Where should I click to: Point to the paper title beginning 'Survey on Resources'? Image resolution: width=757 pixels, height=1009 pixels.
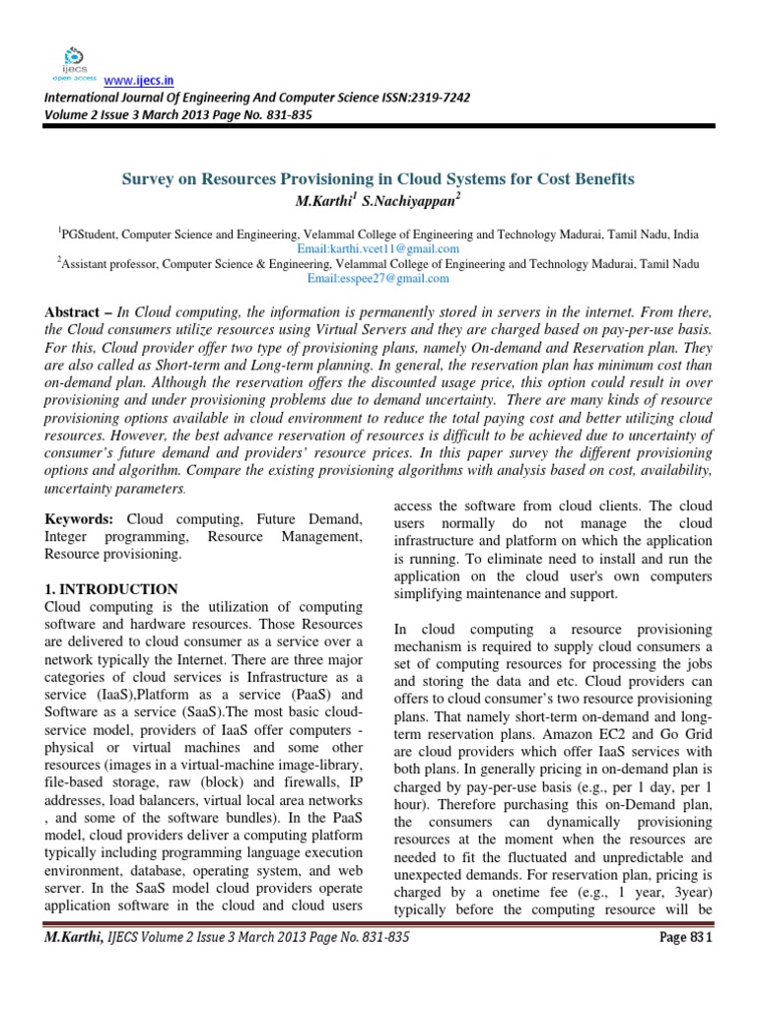[x=378, y=179]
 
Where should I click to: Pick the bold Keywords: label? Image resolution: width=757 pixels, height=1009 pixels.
[x=80, y=517]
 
